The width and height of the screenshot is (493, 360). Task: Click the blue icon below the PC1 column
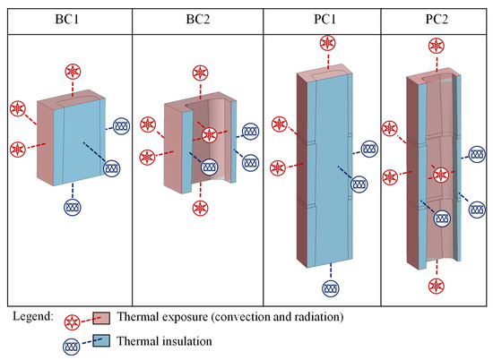pos(331,288)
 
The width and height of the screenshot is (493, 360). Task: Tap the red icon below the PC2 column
pos(436,286)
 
